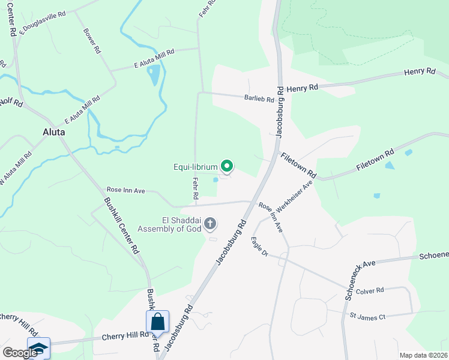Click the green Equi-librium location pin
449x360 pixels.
(x=227, y=166)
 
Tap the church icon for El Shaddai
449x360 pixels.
(x=210, y=224)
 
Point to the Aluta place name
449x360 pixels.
(x=53, y=132)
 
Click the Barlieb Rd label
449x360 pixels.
(x=259, y=98)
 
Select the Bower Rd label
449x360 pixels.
(x=92, y=41)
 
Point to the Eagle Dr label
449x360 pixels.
(x=259, y=247)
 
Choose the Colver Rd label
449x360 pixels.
(x=369, y=291)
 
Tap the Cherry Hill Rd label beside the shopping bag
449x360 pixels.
(x=125, y=336)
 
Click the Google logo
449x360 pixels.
(x=20, y=353)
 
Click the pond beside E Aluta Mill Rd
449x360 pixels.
(x=154, y=75)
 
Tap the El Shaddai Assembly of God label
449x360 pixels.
(x=170, y=224)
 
